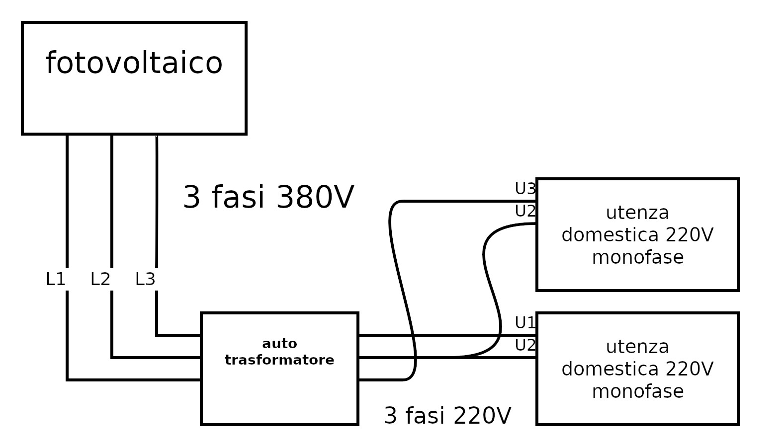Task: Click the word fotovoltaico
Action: (x=134, y=63)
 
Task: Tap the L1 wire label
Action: (x=55, y=280)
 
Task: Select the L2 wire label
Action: (x=100, y=280)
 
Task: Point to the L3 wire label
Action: (x=145, y=280)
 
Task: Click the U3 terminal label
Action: (x=525, y=189)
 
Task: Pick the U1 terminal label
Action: (x=525, y=323)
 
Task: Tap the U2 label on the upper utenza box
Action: (x=525, y=211)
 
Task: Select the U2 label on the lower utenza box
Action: (x=525, y=345)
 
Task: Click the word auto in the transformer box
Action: (x=279, y=344)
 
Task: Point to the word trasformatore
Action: (x=279, y=360)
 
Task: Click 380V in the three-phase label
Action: (x=315, y=198)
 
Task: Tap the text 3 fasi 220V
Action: (x=447, y=416)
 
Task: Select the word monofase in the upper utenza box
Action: (x=637, y=257)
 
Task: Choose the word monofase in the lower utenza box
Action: (x=637, y=391)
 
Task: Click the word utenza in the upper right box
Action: (x=637, y=213)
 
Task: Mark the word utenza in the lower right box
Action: (x=637, y=347)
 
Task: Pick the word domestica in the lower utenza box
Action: (x=604, y=369)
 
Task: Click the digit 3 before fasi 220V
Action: (x=391, y=416)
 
